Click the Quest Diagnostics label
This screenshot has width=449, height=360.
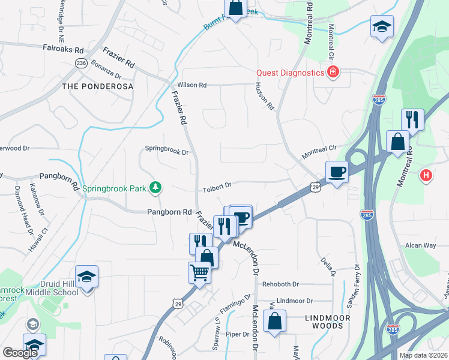290,73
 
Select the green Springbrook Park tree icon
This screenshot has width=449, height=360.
155,188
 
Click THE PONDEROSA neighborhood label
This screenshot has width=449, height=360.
97,86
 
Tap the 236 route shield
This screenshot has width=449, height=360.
82,63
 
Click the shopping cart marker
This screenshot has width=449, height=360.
200,272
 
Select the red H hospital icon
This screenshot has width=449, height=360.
426,176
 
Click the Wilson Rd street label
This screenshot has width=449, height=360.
192,85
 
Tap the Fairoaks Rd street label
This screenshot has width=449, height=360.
62,47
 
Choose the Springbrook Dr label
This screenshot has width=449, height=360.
167,150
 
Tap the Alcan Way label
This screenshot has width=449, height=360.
420,245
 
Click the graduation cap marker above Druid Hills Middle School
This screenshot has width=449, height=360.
86,277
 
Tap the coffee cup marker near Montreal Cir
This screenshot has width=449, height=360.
337,172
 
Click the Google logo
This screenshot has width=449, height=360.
20,353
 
